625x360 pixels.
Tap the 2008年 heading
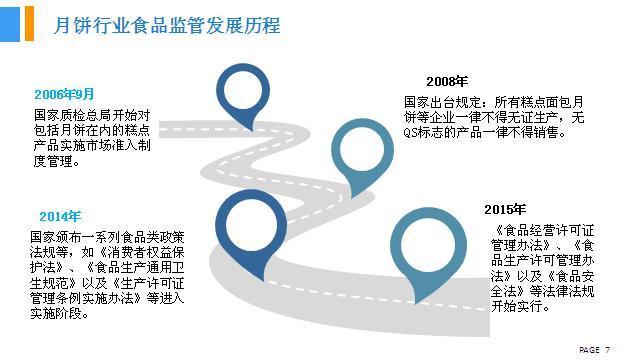[446, 81]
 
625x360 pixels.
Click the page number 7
[608, 349]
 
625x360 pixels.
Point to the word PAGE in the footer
[590, 349]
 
